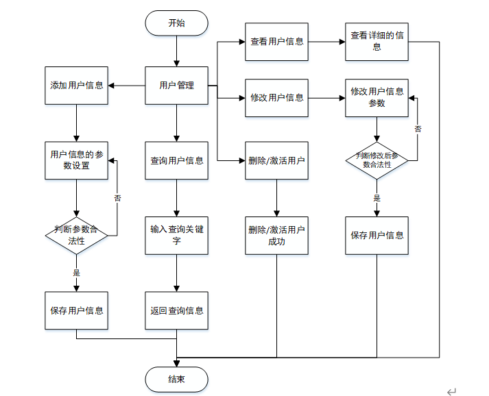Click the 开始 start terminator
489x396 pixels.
coord(176,23)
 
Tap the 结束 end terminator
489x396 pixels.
coord(176,379)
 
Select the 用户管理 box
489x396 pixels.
coord(176,86)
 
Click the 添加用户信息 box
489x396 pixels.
coord(76,86)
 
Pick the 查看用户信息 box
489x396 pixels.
coord(276,42)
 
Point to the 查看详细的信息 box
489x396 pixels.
coord(377,42)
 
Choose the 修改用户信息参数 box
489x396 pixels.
coord(377,98)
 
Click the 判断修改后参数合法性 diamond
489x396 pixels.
coord(377,160)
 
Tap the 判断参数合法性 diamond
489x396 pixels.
coord(76,236)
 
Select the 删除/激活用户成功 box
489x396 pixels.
coord(276,236)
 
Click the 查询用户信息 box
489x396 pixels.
coord(176,160)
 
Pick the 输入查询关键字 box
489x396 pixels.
coord(176,236)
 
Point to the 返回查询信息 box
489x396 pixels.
coord(176,310)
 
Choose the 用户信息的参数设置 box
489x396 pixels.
coord(76,160)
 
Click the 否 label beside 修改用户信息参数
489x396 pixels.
coord(418,129)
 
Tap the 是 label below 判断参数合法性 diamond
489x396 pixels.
coord(76,273)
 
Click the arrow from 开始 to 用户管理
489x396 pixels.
coord(176,51)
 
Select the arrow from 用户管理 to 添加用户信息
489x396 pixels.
coord(126,86)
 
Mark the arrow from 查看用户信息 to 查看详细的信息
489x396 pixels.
coord(326,42)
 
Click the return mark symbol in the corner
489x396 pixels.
coord(451,391)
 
